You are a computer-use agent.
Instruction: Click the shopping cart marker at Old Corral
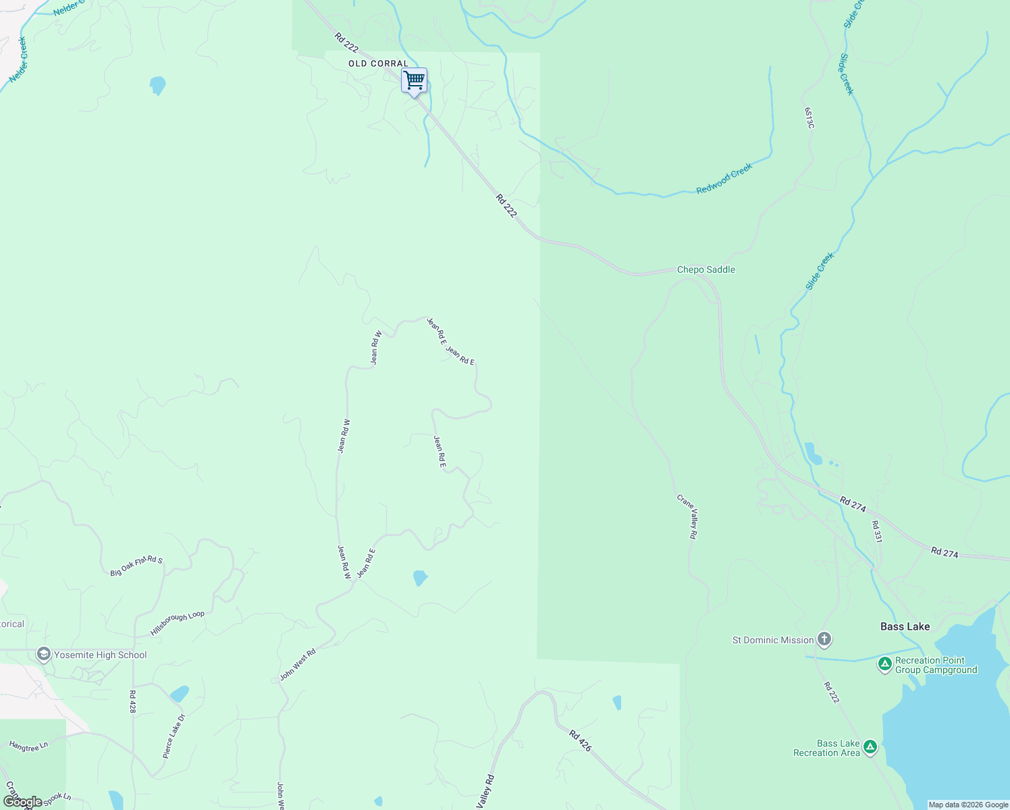[x=414, y=80]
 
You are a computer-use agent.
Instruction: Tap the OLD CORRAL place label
[x=378, y=63]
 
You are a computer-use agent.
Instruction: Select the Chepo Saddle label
[x=706, y=269]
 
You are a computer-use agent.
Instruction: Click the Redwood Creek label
[x=724, y=179]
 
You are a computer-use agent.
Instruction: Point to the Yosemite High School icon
[x=44, y=654]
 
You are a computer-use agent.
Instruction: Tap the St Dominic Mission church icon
[x=824, y=639]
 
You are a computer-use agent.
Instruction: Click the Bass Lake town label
[x=905, y=626]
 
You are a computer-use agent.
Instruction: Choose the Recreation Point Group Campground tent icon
[x=884, y=664]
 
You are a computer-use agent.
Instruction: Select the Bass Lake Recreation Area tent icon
[x=870, y=747]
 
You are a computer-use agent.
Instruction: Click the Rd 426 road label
[x=580, y=740]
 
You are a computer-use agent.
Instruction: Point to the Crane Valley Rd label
[x=687, y=516]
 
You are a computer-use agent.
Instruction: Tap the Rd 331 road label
[x=876, y=531]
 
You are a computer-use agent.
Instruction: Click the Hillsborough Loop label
[x=177, y=623]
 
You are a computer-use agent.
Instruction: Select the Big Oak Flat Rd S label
[x=136, y=566]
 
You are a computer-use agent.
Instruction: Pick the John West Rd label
[x=298, y=665]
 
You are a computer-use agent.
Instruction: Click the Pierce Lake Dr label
[x=174, y=736]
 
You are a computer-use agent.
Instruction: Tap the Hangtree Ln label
[x=28, y=746]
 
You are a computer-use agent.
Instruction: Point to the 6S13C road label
[x=809, y=117]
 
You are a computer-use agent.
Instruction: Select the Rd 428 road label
[x=132, y=701]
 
